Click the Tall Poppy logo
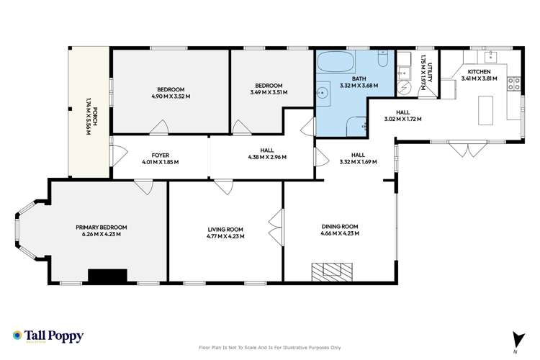pyautogui.click(x=48, y=336)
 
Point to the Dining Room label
pyautogui.click(x=340, y=230)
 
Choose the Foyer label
pyautogui.click(x=161, y=158)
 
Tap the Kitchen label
pyautogui.click(x=479, y=75)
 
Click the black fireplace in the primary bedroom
pyautogui.click(x=107, y=275)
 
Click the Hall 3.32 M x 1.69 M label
pyautogui.click(x=357, y=158)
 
